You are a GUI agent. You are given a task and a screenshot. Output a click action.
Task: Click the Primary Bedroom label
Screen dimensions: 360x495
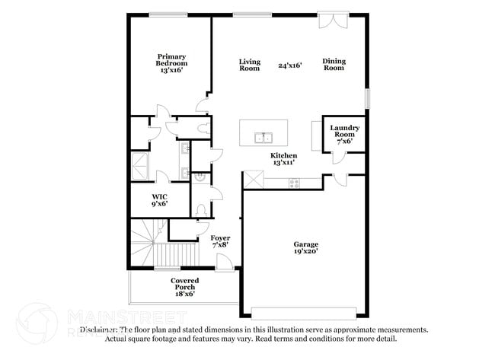pyautogui.click(x=171, y=59)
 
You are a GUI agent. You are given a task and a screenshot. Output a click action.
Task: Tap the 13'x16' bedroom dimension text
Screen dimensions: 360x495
pyautogui.click(x=171, y=70)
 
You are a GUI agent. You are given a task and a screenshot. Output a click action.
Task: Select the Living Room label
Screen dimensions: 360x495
pyautogui.click(x=250, y=65)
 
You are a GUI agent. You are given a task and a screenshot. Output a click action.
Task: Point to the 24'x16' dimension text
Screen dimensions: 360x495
pyautogui.click(x=290, y=65)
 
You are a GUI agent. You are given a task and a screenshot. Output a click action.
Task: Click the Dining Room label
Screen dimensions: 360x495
pyautogui.click(x=334, y=65)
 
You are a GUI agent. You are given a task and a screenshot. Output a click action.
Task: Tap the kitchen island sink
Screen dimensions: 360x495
pyautogui.click(x=263, y=138)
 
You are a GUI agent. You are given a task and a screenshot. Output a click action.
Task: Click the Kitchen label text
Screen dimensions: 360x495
pyautogui.click(x=283, y=155)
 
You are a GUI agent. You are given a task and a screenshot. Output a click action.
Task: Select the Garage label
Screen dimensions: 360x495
pyautogui.click(x=306, y=244)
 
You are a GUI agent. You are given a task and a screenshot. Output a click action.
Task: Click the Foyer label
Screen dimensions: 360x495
pyautogui.click(x=220, y=238)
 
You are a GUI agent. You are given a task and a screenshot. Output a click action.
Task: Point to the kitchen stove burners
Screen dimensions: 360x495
pyautogui.click(x=294, y=182)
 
